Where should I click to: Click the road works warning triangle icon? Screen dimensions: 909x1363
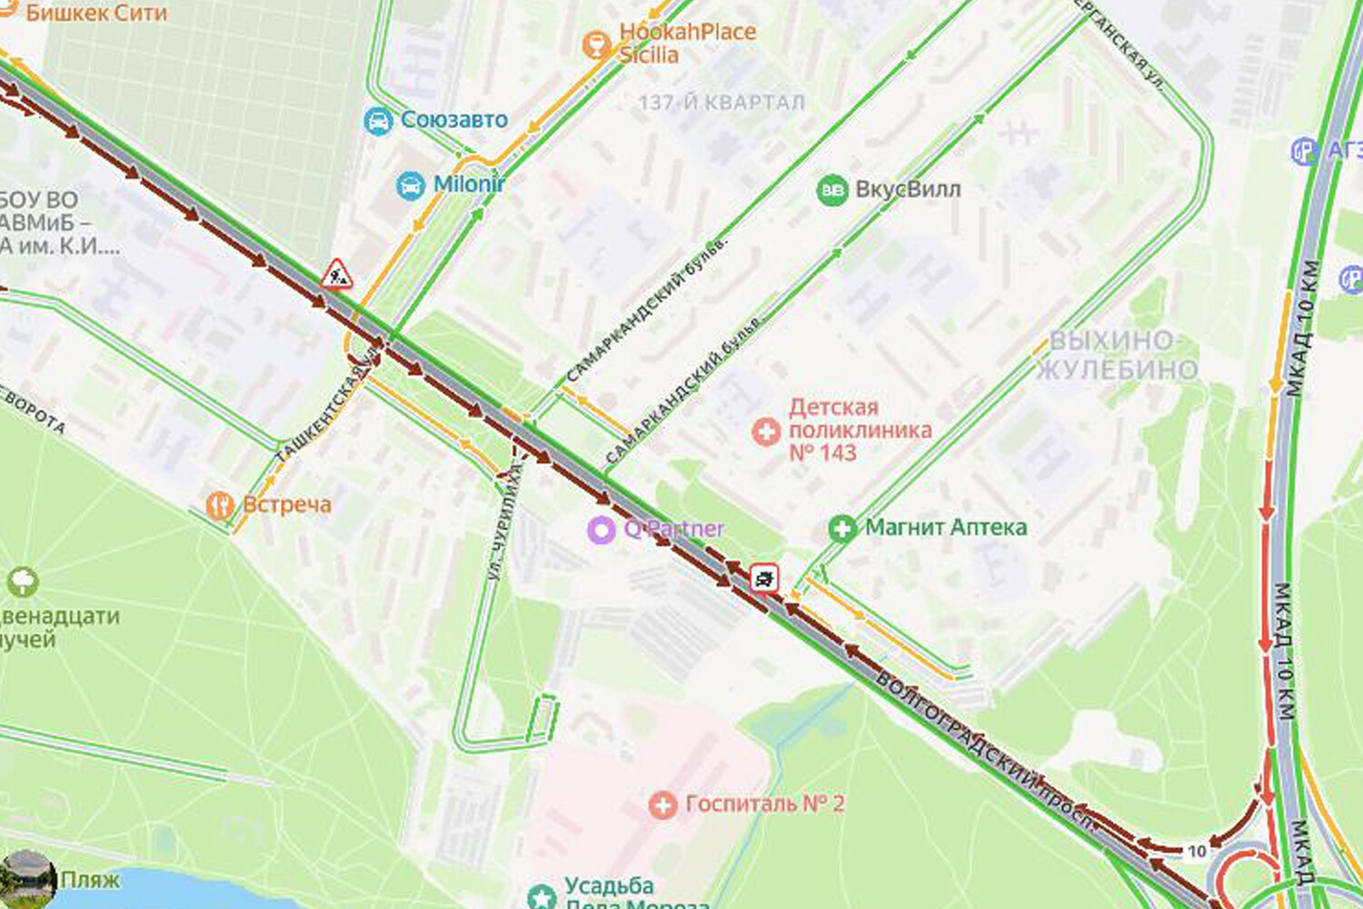336,274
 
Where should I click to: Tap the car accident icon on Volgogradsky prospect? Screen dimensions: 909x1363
764,577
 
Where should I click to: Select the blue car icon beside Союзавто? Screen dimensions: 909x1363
378,120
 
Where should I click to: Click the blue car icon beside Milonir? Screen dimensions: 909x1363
411,185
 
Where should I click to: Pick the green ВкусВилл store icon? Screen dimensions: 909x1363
831,190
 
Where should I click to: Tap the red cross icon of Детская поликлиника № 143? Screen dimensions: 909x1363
766,431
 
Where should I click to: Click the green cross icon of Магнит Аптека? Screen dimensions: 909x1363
842,528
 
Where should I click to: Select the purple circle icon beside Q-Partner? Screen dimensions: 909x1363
602,529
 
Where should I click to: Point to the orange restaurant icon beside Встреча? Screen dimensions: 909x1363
220,505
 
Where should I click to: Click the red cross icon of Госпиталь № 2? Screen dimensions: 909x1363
662,804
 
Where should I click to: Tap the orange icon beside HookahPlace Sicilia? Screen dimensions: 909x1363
596,43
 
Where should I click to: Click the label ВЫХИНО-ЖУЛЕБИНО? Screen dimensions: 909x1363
1116,355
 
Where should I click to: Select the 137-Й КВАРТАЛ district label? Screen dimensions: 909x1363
721,102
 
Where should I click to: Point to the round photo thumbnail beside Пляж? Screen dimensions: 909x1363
27,877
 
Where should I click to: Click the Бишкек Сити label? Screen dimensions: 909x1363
95,13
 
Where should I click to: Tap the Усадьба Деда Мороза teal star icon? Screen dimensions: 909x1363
542,895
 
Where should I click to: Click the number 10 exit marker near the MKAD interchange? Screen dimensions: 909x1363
1197,851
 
